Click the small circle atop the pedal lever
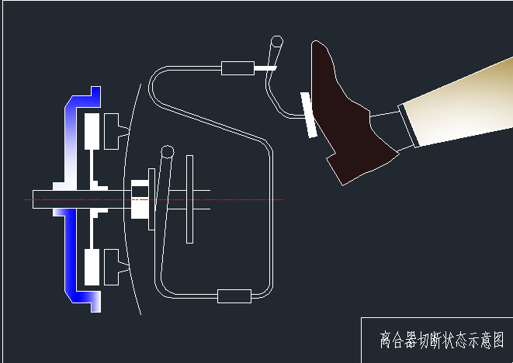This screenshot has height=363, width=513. coord(276,41)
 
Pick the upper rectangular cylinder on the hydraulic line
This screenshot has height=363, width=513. coord(237,68)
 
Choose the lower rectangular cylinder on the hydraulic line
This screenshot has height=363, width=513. coord(234,296)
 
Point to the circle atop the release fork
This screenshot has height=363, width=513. coord(167,151)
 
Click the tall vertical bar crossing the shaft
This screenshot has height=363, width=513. coord(189,199)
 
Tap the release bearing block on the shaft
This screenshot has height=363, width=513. coord(140,199)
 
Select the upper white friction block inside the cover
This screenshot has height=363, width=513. coord(92,131)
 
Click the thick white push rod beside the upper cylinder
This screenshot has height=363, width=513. coord(265,68)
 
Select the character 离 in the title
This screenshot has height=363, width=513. coord(386,339)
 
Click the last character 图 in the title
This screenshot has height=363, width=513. coord(497,339)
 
